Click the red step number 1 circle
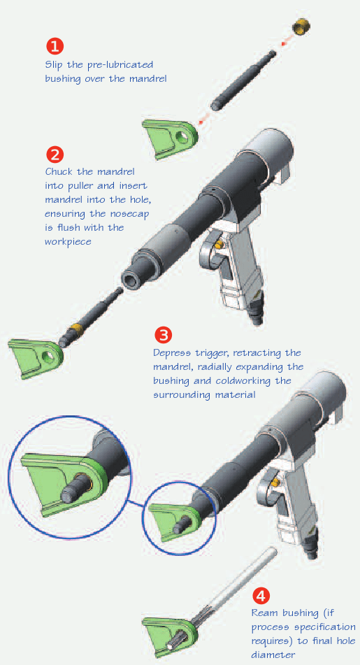pos(55,46)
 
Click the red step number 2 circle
pos(55,154)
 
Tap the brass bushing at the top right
pos(301,27)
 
